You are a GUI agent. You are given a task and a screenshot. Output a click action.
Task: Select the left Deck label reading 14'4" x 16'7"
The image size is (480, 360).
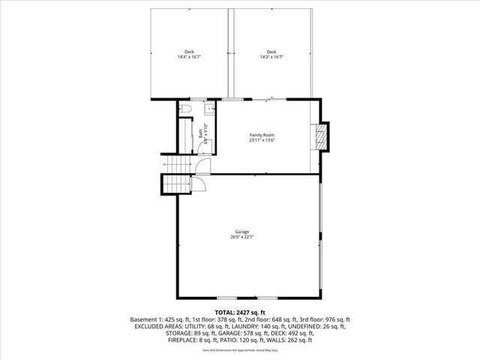190,52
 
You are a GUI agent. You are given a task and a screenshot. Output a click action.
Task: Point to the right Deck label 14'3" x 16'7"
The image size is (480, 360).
271,52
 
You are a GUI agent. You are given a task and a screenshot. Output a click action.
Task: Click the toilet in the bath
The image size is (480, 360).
186,109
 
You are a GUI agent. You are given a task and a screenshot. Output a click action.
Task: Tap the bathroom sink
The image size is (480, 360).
208,109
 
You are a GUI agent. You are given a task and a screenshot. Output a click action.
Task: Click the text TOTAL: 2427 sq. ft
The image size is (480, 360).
240,312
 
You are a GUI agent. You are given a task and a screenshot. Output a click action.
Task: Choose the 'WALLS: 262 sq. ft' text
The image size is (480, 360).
292,340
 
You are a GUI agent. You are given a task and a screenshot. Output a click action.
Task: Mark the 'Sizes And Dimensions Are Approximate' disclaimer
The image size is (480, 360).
240,349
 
